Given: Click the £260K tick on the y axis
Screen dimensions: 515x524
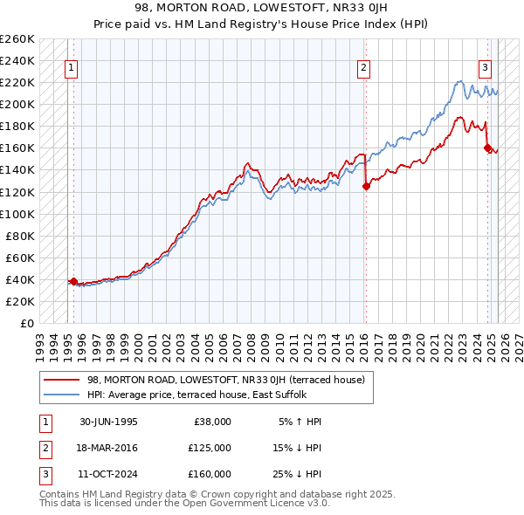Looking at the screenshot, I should tap(17, 39).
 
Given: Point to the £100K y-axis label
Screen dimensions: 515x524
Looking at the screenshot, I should tap(17, 214).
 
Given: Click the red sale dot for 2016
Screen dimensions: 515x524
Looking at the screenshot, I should tap(366, 186).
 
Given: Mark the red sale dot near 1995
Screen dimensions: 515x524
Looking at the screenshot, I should tap(73, 281).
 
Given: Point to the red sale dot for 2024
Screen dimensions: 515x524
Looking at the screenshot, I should tap(487, 148).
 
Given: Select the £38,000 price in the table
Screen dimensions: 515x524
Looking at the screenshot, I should tap(210, 421).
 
